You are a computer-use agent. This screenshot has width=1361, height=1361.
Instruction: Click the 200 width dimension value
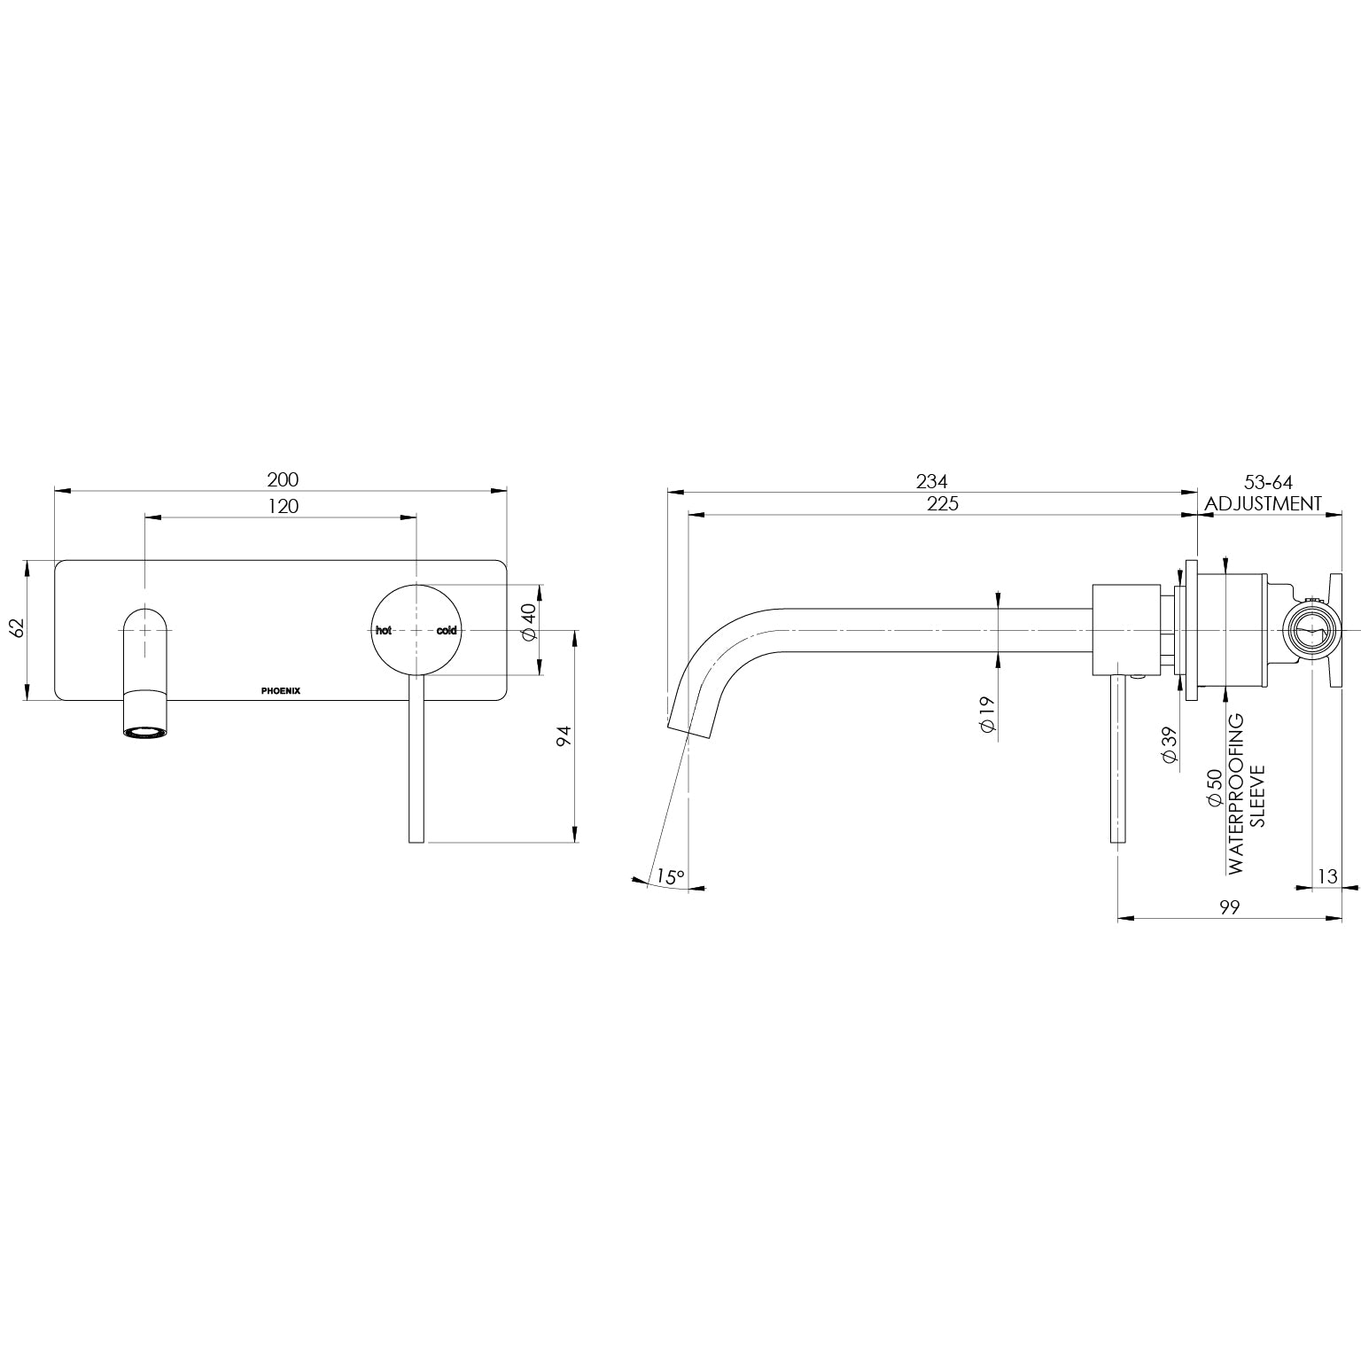click(x=283, y=479)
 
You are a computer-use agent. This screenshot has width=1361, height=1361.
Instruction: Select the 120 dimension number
click(x=283, y=506)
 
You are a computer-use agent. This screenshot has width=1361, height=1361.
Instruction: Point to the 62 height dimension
click(x=15, y=628)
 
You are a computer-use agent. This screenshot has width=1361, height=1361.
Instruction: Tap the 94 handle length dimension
click(x=562, y=736)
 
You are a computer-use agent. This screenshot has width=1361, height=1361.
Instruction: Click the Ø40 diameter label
click(x=529, y=622)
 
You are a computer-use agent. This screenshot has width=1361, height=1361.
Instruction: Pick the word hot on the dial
click(x=384, y=631)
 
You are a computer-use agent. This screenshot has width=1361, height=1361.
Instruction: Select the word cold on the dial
click(x=446, y=631)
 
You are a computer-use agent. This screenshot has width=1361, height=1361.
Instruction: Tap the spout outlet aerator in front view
click(x=145, y=733)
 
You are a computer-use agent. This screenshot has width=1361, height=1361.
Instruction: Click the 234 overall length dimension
click(x=931, y=481)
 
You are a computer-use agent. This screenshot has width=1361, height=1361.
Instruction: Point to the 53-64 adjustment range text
click(x=1268, y=483)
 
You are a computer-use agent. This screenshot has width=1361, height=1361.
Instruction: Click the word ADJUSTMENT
click(x=1264, y=504)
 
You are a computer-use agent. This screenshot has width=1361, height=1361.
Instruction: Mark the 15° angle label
click(x=670, y=877)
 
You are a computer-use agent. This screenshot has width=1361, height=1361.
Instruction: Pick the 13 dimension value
click(x=1326, y=876)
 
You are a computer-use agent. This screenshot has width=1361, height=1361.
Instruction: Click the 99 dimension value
click(x=1228, y=906)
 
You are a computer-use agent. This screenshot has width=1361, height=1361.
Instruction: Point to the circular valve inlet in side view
click(x=1310, y=632)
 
